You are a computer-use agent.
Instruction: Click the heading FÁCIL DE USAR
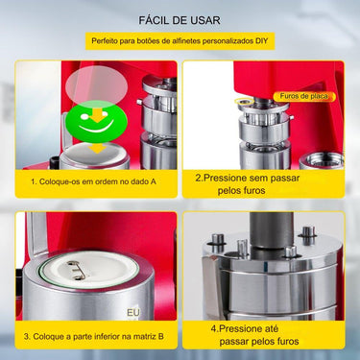(180, 19)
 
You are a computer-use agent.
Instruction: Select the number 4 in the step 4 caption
(212, 328)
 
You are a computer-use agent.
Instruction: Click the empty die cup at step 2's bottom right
(317, 154)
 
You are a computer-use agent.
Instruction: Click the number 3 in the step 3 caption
(30, 335)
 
